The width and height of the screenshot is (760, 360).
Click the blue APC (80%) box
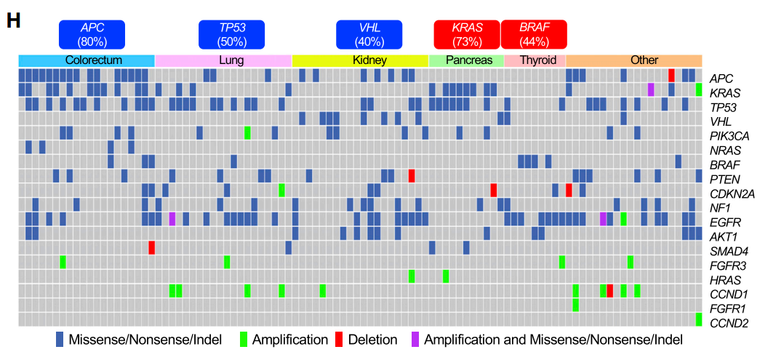[92, 34]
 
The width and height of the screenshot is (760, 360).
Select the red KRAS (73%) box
[466, 34]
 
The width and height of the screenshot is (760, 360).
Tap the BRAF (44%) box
[534, 34]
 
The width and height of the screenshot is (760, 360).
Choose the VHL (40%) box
[369, 34]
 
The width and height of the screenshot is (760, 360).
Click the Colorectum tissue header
[87, 60]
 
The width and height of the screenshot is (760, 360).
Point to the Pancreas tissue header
[465, 60]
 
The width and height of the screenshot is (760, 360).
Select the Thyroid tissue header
[534, 60]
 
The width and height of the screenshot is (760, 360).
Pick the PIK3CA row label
[729, 135]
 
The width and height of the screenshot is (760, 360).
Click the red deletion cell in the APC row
[671, 76]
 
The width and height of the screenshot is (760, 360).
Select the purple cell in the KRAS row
[651, 89]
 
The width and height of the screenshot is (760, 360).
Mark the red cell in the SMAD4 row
[152, 247]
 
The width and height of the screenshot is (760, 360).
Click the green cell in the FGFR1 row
[575, 305]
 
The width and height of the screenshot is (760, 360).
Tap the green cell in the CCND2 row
[698, 319]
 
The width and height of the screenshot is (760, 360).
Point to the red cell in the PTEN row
[412, 176]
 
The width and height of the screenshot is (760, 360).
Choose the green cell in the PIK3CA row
[247, 132]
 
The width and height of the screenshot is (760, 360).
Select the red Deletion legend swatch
[339, 340]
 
